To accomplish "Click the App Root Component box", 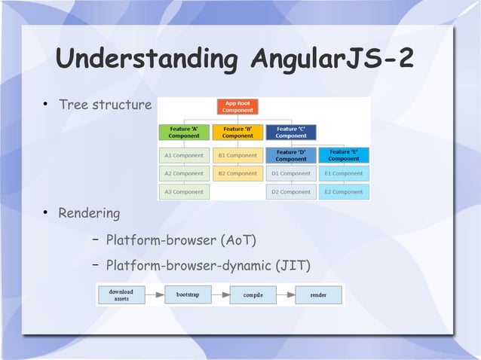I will tap(237, 107).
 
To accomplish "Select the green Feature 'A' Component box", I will tap(184, 133).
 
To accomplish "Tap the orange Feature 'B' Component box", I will tap(237, 133).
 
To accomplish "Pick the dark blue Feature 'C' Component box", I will tap(291, 133).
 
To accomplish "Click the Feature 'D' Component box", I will tap(291, 155).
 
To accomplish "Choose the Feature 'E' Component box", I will tap(344, 155).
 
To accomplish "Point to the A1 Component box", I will tap(184, 155).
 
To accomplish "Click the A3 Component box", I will tap(184, 192).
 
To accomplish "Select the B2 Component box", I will tap(237, 174).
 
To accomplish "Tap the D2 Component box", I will tap(291, 192).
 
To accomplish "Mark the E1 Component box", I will tap(344, 174).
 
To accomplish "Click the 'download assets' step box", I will tap(121, 294).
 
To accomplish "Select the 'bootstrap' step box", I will tap(188, 294).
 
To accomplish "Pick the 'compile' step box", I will tap(253, 294).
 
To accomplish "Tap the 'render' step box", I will tap(319, 294).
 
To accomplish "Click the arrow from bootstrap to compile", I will tap(220, 294).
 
